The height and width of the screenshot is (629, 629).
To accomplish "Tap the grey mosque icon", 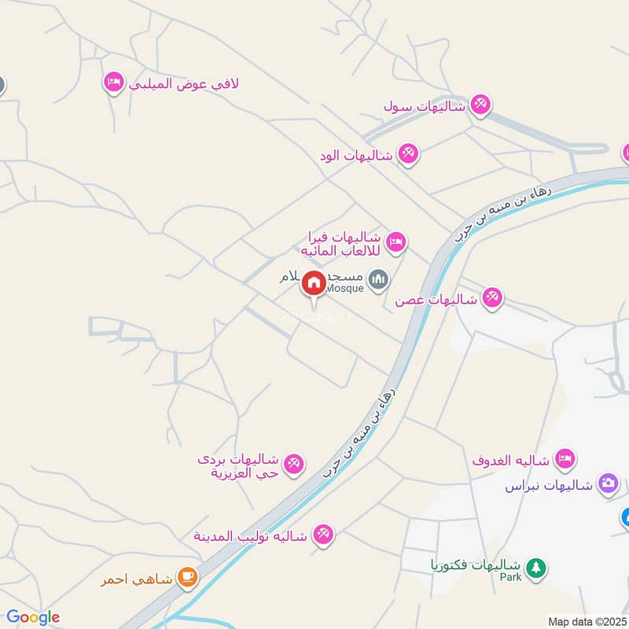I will coord(379,279).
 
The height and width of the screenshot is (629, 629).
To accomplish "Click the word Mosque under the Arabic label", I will coord(344,288).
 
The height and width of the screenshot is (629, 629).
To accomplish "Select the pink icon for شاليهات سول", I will coord(480,105).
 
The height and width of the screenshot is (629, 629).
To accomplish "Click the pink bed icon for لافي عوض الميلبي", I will coord(114,82).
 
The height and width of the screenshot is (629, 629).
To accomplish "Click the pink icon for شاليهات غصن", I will coord(492,298).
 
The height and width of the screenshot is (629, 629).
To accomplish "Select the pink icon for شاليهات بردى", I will coord(294,465).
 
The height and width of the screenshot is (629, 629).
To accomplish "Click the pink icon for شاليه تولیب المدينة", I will coord(322,535).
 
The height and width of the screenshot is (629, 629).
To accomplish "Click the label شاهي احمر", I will coord(135,580).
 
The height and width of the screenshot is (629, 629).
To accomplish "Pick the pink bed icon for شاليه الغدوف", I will coord(565,458).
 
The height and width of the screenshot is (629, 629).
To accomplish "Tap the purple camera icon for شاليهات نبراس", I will coord(608,484).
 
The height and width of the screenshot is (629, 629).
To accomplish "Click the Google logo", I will coord(33,617).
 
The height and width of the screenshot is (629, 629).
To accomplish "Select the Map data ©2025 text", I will coord(586,621).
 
